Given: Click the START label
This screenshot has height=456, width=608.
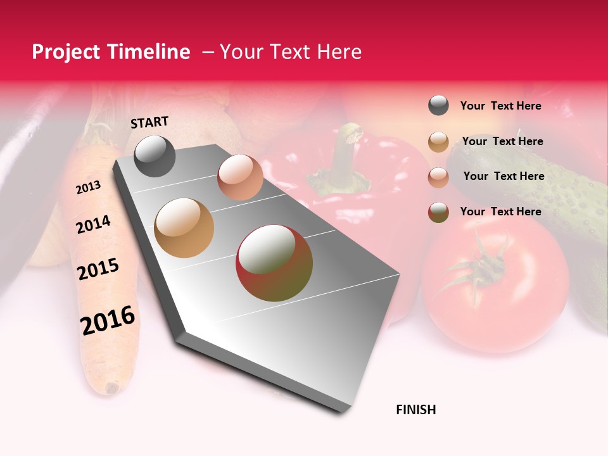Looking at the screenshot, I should point(149,122).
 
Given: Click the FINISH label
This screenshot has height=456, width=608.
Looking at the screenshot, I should point(416,410).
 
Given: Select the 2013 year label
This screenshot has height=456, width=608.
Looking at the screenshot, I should point(88,187).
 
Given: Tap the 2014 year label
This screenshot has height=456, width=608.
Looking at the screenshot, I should point(93,225).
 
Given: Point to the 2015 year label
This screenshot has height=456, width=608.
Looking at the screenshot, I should point(98,269).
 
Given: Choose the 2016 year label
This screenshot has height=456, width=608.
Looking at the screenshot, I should point(108,320).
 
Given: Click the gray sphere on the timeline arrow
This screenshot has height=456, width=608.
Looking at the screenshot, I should point(155,156).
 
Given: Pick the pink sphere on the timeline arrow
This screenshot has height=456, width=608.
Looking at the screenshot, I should point(240,177).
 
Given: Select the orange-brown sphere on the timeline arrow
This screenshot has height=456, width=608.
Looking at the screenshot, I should point(184,228).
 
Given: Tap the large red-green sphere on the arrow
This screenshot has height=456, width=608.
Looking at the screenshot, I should point(274,262).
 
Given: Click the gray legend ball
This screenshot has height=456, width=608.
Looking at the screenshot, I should point(438,106).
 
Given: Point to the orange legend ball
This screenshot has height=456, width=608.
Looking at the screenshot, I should point(438,142).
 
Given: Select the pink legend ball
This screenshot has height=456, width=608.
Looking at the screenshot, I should point(438,177).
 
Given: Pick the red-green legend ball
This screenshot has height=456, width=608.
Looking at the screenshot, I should point(438,212).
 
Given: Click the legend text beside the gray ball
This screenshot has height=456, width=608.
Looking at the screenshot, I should point(500,106).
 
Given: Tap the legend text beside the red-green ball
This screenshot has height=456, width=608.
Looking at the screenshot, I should point(500,212).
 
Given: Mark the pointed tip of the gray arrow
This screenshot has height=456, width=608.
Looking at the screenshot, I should point(343,412).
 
